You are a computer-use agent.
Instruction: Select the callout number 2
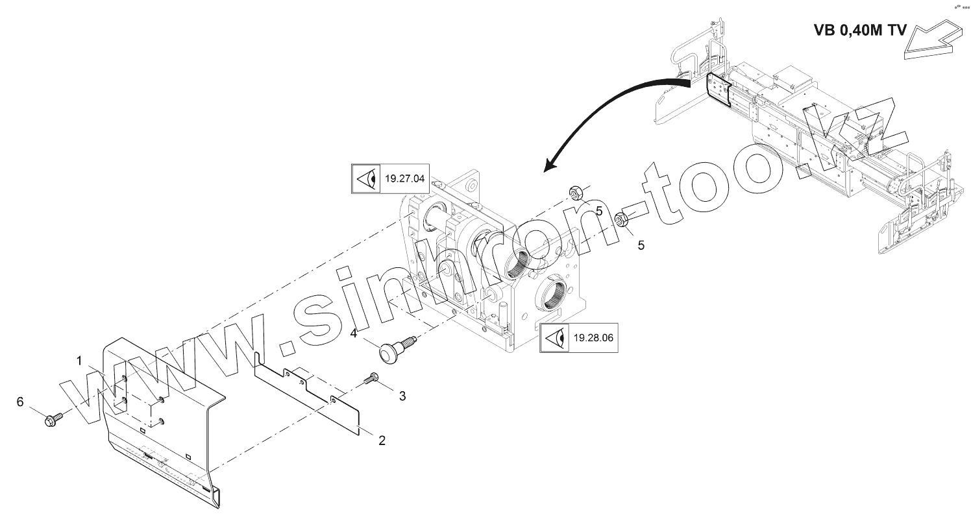(x=382, y=441)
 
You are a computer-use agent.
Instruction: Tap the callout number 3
(x=402, y=395)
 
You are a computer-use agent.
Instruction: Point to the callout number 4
(x=354, y=333)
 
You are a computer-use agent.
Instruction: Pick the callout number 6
(x=20, y=402)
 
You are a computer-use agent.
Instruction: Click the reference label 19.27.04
(x=404, y=178)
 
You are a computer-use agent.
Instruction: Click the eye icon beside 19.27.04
(x=365, y=178)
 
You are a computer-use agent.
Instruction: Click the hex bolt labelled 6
(x=52, y=419)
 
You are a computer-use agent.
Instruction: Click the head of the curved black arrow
(x=550, y=165)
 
